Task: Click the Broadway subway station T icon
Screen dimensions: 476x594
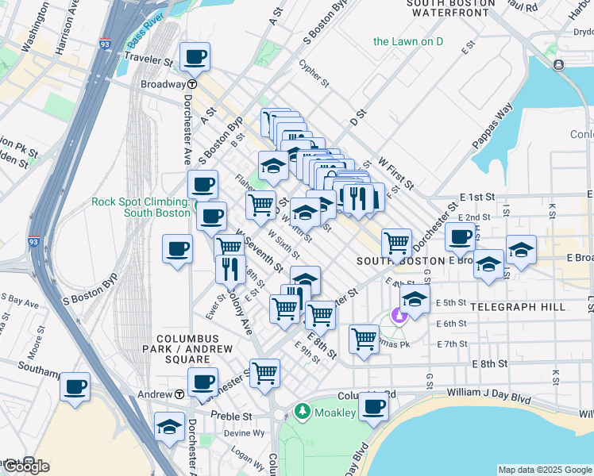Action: point(192,84)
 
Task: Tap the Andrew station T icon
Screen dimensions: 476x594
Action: point(180,394)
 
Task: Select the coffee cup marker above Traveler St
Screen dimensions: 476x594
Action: point(195,57)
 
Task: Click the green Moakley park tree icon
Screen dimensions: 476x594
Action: point(301,411)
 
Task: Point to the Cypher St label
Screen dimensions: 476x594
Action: point(314,73)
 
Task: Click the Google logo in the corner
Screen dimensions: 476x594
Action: point(25,466)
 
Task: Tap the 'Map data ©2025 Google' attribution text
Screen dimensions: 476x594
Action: point(545,470)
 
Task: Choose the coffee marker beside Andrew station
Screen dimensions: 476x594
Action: point(202,382)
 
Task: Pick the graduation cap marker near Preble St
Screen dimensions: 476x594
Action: point(169,427)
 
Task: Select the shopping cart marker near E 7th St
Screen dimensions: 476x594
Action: point(364,339)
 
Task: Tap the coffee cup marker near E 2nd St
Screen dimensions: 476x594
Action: point(460,236)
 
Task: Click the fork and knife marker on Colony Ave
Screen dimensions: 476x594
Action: point(230,269)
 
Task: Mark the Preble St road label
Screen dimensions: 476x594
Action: point(231,416)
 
